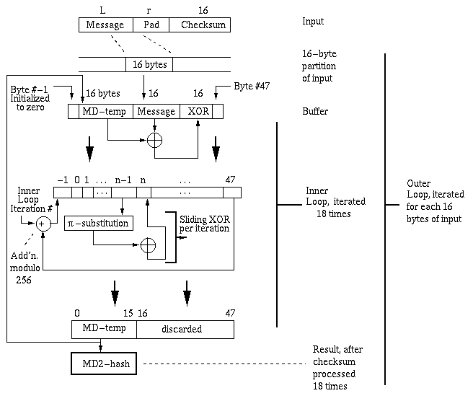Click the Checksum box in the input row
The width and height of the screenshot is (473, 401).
pyautogui.click(x=200, y=25)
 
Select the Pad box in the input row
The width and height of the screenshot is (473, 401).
pyautogui.click(x=151, y=25)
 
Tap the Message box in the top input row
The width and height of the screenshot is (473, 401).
pyautogui.click(x=105, y=25)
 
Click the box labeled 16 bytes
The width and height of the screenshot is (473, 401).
pyautogui.click(x=150, y=64)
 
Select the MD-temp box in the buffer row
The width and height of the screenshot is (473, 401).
pyautogui.click(x=106, y=112)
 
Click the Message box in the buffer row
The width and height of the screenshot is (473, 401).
pyautogui.click(x=156, y=112)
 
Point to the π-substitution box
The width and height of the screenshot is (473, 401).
pyautogui.click(x=98, y=223)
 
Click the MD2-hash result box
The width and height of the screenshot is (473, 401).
pyautogui.click(x=105, y=363)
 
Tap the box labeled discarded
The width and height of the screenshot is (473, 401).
pyautogui.click(x=185, y=330)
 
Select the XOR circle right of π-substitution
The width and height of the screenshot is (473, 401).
pyautogui.click(x=149, y=245)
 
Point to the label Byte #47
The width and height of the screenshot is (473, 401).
pyautogui.click(x=251, y=87)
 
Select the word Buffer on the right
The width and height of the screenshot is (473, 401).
pyautogui.click(x=314, y=113)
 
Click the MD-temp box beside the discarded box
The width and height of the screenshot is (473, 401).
pyautogui.click(x=104, y=330)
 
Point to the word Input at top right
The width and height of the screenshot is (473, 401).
pyautogui.click(x=314, y=22)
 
